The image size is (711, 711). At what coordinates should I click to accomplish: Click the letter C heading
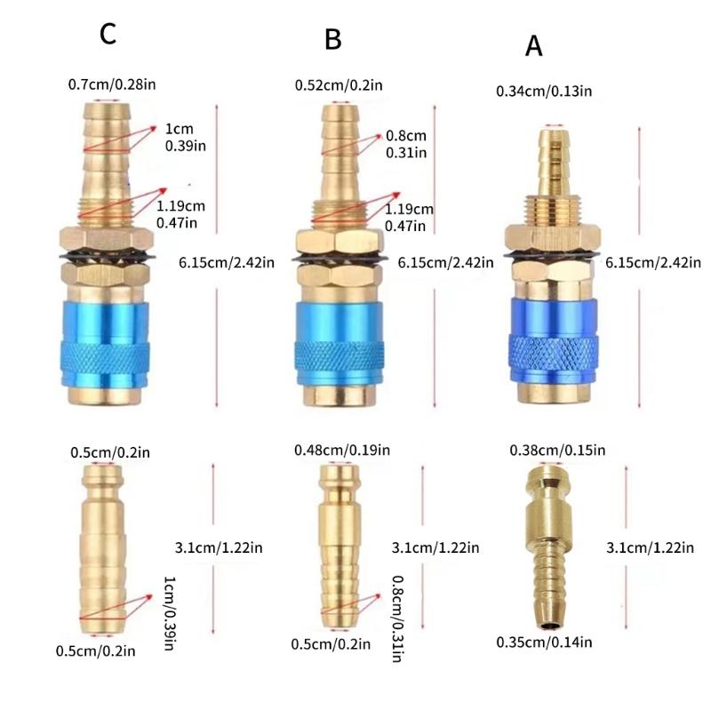pyautogui.click(x=108, y=34)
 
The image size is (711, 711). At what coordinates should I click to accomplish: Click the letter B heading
pyautogui.click(x=333, y=39)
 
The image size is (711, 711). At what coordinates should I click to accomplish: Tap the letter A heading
pyautogui.click(x=533, y=46)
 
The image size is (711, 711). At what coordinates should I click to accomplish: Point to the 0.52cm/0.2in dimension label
pyautogui.click(x=339, y=85)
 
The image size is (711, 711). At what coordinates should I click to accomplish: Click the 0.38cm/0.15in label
pyautogui.click(x=557, y=451)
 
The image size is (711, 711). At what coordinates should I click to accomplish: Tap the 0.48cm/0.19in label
pyautogui.click(x=342, y=451)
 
